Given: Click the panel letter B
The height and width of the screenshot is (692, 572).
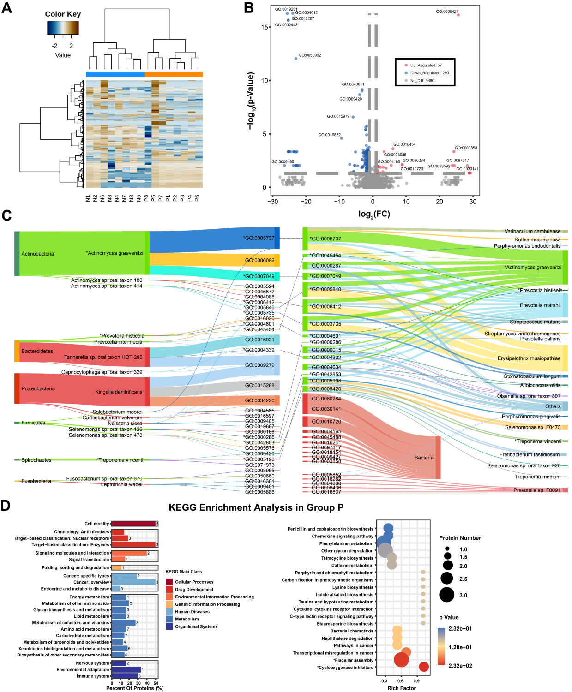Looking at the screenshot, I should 249,8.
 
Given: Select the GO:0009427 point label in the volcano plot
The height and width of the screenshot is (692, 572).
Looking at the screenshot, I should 447,12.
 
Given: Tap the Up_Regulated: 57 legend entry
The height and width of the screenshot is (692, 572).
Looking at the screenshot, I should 426,66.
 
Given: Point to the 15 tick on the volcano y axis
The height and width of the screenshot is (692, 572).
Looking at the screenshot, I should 265,27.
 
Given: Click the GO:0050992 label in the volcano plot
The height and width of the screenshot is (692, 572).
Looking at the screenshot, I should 310,55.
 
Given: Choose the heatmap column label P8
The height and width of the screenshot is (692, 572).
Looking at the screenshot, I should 146,198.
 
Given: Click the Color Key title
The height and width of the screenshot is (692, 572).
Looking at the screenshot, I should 63,14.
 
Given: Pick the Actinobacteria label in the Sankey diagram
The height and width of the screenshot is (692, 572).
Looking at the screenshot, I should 37,254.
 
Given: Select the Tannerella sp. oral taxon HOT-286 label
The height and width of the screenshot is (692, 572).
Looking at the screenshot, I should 103,357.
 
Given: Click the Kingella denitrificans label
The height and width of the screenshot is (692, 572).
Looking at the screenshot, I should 119,392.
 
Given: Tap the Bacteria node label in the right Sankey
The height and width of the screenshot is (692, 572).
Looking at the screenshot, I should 424,458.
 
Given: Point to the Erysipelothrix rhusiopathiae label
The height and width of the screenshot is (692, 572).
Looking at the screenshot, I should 529,358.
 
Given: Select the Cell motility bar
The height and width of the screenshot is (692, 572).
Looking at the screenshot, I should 134,524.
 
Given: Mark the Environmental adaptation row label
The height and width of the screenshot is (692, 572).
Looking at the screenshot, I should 83,669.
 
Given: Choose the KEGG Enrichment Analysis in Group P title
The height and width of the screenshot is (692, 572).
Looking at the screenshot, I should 256,507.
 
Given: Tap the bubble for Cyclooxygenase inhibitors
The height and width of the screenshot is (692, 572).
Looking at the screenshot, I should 424,667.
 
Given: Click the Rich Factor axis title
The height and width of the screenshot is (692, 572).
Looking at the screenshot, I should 402,688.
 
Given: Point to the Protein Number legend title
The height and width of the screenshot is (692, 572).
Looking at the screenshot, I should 460,538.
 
